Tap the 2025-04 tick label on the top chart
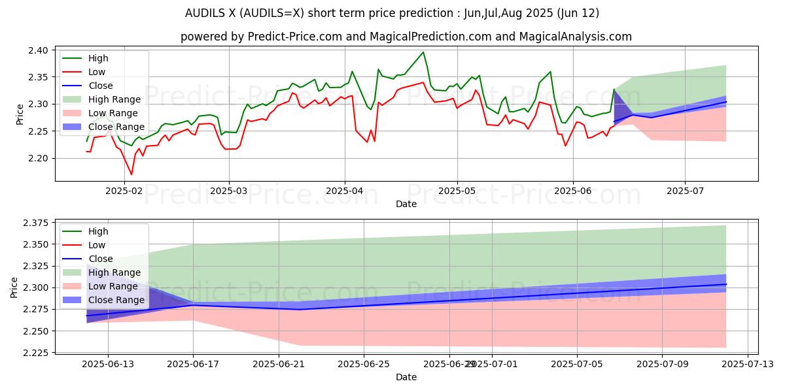345,191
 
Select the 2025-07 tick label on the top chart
685,191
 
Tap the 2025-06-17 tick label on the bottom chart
193,364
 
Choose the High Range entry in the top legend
114,99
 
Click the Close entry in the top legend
101,86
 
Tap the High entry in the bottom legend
98,231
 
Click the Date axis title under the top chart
406,204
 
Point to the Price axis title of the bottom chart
15,287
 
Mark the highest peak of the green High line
423,52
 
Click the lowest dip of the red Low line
131,174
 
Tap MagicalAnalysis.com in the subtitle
575,37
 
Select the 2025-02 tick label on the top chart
124,191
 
